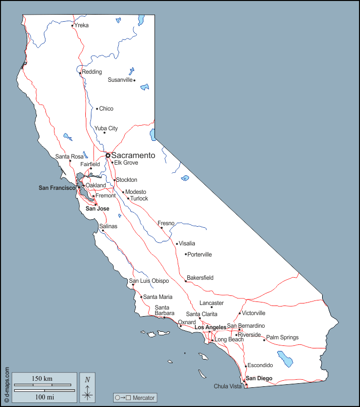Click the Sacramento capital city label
click(133, 156)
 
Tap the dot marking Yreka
click(72, 25)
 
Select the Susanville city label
click(120, 80)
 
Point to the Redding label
click(92, 72)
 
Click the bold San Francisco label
click(57, 188)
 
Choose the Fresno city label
click(166, 223)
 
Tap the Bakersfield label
click(200, 278)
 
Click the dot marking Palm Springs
click(264, 340)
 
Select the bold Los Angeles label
click(211, 327)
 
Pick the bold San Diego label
click(259, 378)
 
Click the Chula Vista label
click(228, 386)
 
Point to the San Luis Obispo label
click(149, 281)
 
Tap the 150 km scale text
click(41, 379)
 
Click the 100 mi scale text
click(44, 397)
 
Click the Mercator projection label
click(135, 398)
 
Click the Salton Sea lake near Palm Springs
click(287, 360)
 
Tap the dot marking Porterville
click(186, 254)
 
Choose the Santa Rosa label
click(69, 157)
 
